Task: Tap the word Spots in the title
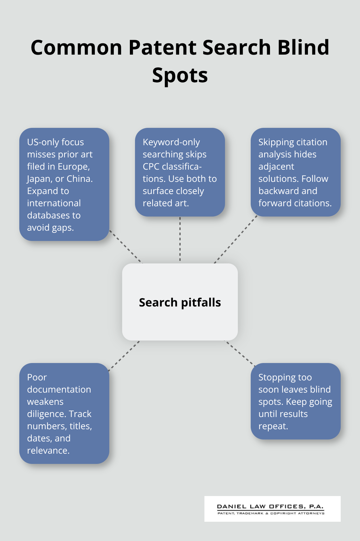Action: tap(180, 75)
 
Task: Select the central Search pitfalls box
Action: tap(180, 302)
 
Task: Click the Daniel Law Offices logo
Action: tap(272, 509)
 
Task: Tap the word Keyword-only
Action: tap(171, 142)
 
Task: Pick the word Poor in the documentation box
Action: tap(37, 377)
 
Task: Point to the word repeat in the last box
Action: tap(273, 426)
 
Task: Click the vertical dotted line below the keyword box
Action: tap(180, 239)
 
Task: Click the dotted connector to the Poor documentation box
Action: tap(124, 356)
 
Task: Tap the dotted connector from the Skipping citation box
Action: tap(236, 239)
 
